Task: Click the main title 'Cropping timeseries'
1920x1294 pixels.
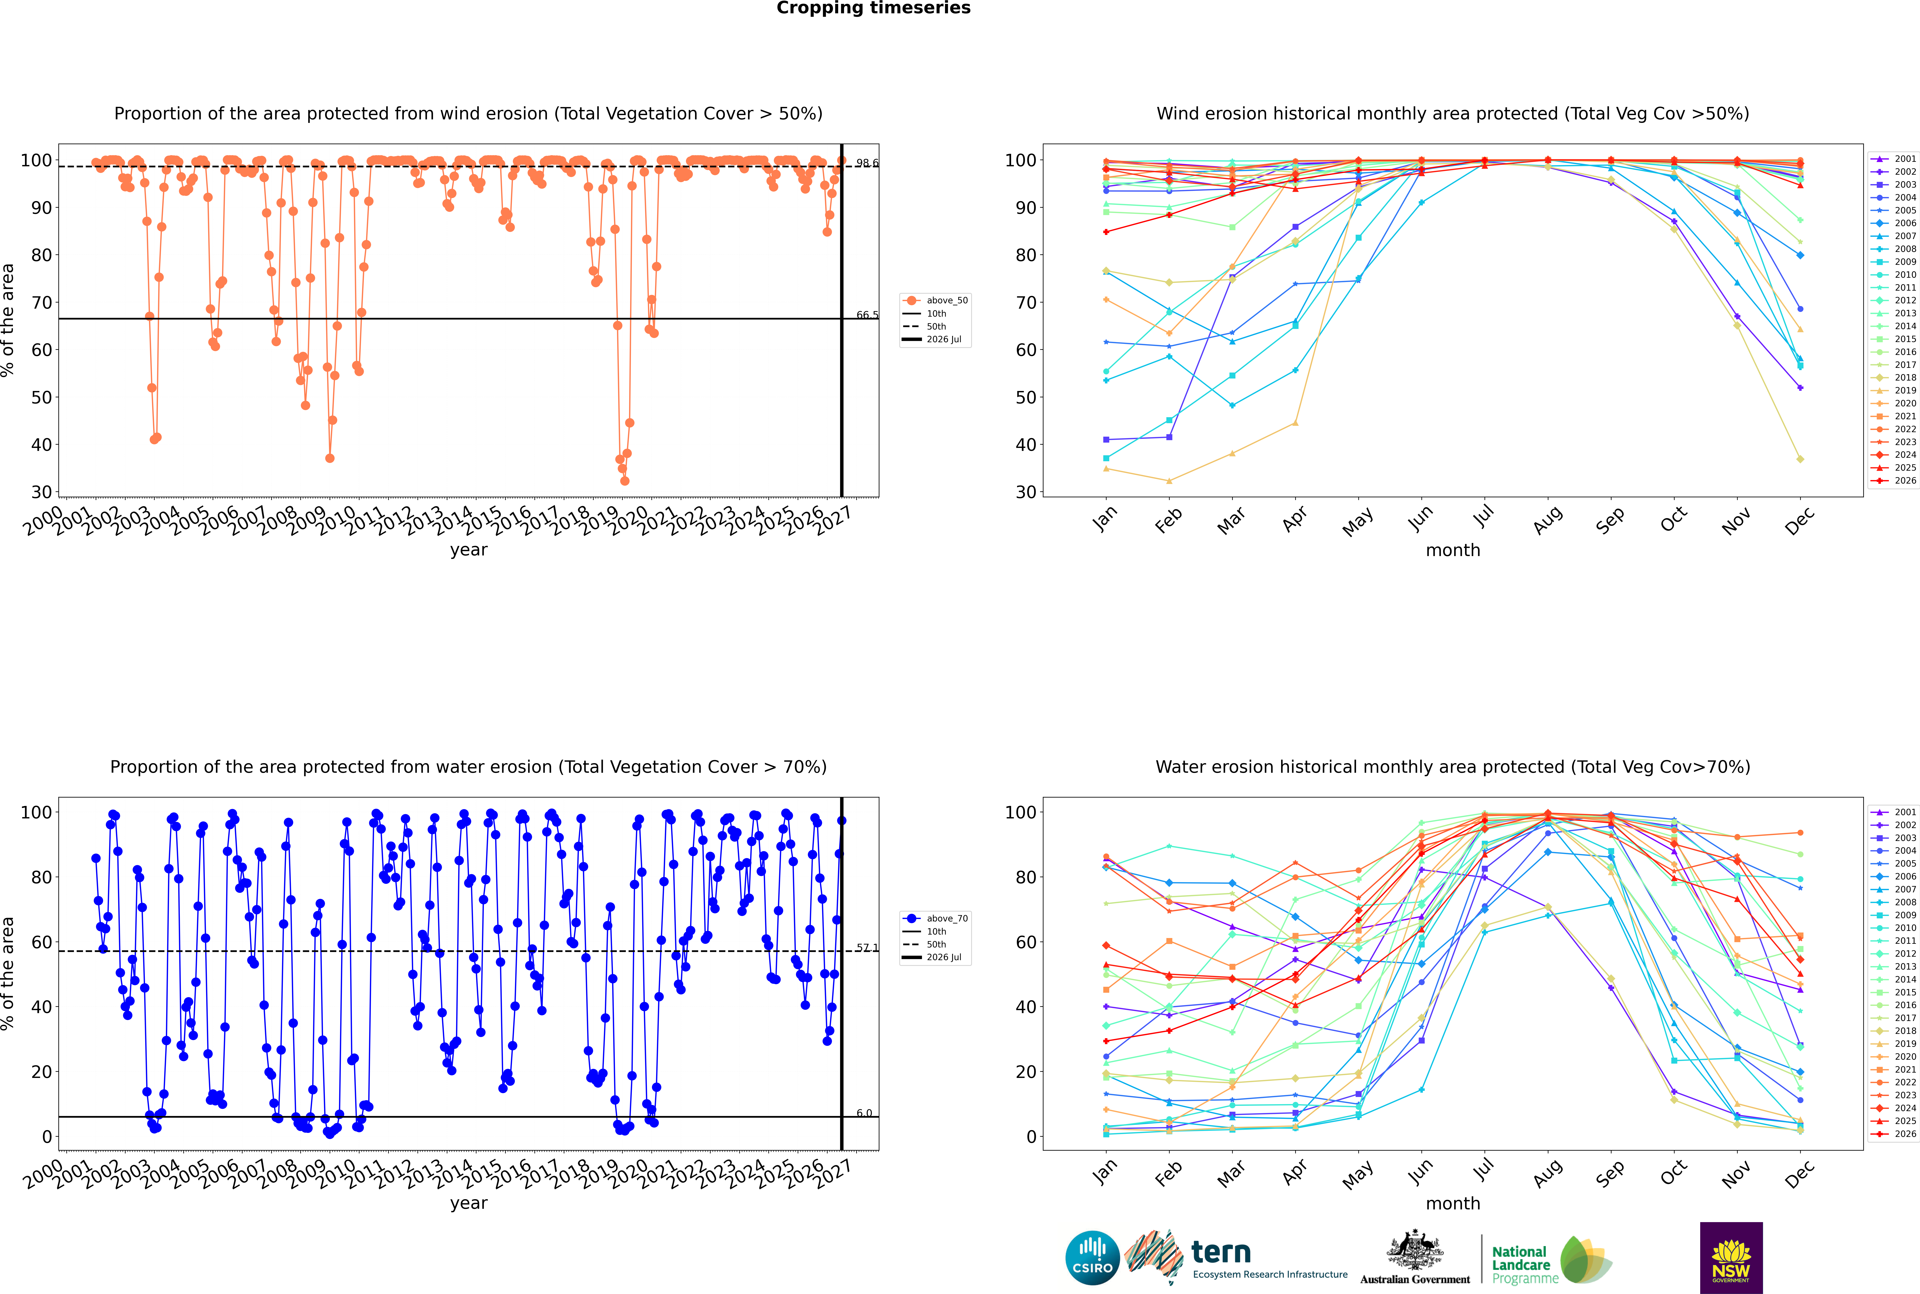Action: pyautogui.click(x=873, y=8)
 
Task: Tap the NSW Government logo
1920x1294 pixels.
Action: pyautogui.click(x=1731, y=1258)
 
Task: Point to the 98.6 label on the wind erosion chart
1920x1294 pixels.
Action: pyautogui.click(x=867, y=163)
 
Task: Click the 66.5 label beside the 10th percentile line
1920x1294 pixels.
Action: pyautogui.click(x=867, y=315)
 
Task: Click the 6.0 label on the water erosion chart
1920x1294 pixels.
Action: pyautogui.click(x=863, y=1113)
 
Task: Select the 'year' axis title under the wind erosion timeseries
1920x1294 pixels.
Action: pyautogui.click(x=469, y=551)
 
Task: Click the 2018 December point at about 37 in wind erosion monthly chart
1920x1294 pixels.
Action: pyautogui.click(x=1800, y=459)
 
